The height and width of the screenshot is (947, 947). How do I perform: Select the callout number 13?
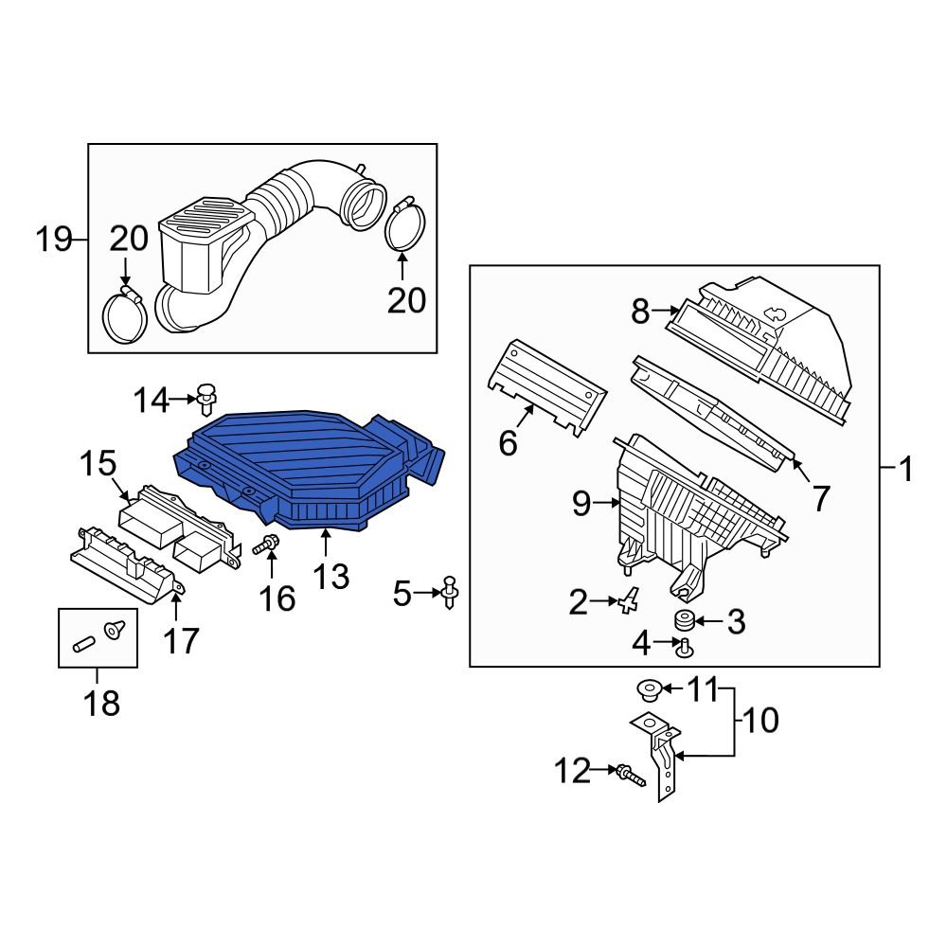(331, 577)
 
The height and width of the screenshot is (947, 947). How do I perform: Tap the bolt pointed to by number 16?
(266, 545)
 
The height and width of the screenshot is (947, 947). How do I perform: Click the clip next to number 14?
(205, 400)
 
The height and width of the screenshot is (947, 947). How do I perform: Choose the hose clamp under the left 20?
(124, 316)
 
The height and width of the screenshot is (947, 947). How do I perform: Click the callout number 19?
(53, 240)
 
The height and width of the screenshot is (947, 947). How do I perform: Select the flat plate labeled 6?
(546, 386)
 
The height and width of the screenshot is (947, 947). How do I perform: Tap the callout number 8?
(639, 312)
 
